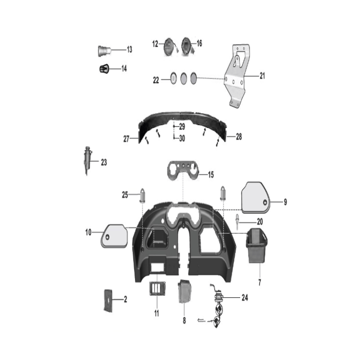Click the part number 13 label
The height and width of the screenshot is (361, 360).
point(129,50)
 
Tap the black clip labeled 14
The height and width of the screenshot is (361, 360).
point(104,69)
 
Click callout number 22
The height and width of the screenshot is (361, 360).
point(156,80)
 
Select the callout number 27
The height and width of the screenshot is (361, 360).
point(126,139)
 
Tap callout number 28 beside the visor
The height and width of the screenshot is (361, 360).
point(239,137)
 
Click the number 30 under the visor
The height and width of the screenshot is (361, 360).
point(182,138)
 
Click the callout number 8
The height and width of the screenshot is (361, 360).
point(184,321)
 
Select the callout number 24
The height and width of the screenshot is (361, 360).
point(245,297)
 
